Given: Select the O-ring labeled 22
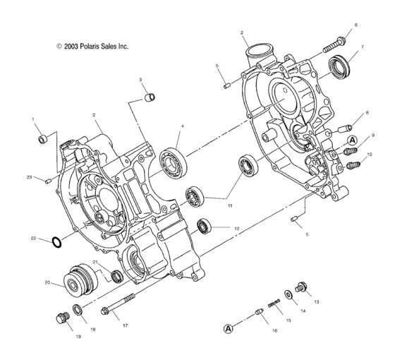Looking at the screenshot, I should pos(59,243).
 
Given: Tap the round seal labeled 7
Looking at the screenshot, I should pos(341,66).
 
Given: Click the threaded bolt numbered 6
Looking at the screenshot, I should pos(334,44).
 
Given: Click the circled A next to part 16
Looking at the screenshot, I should pos(229,328).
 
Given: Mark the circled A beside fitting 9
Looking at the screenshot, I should pos(351,140).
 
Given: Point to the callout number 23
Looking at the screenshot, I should pos(30,176).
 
